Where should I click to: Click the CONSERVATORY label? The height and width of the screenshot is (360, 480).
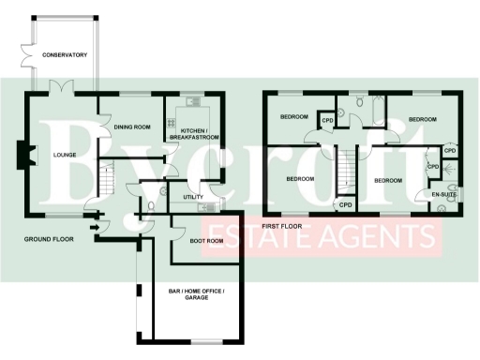click(64, 55)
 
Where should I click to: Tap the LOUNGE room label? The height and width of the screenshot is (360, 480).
click(64, 156)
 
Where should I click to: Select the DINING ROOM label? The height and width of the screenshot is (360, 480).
click(132, 127)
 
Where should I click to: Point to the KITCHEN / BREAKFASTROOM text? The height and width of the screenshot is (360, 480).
click(194, 132)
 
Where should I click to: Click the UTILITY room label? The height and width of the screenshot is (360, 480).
click(193, 197)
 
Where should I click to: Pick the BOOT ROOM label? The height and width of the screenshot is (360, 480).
click(206, 241)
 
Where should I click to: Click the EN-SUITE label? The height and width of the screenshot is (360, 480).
click(443, 194)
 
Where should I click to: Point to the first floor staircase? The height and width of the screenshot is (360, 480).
click(343, 169)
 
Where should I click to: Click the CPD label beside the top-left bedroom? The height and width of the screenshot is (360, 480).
click(328, 120)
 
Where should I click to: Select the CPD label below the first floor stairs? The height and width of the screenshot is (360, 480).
click(345, 205)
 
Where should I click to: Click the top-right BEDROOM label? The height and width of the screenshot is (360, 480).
click(423, 119)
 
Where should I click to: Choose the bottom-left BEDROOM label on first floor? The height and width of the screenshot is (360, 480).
click(299, 178)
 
